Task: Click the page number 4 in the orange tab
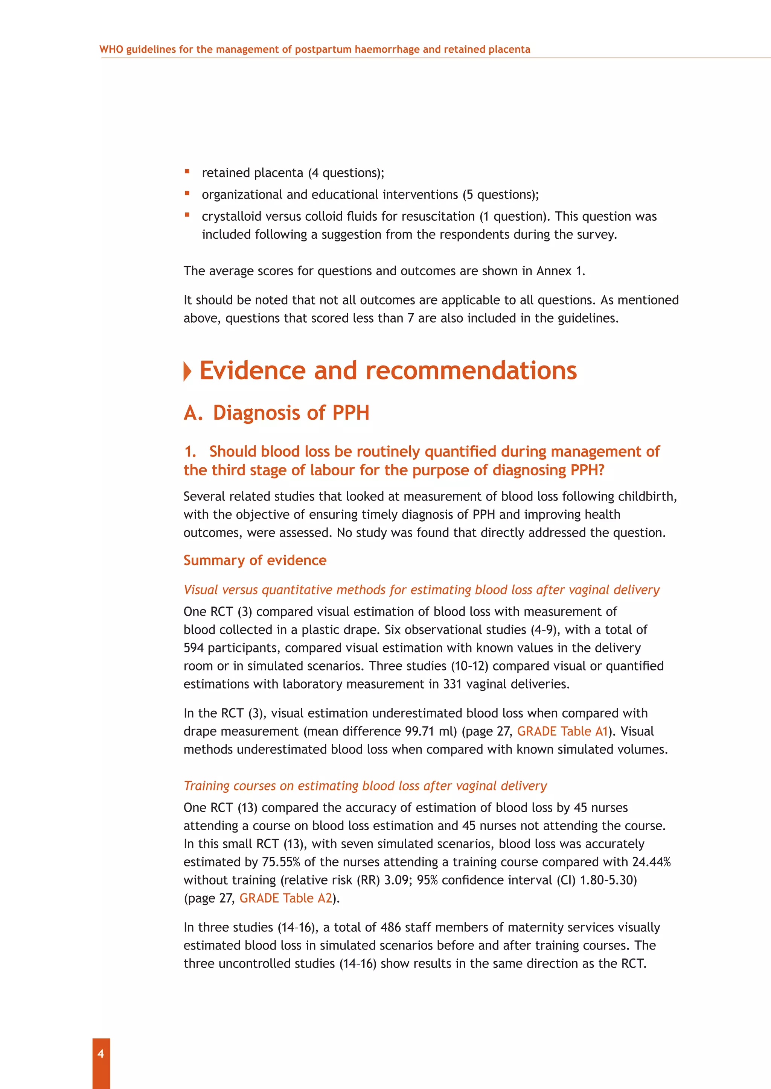[x=101, y=1053]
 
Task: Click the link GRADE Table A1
[x=562, y=731]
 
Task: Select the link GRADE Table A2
[x=285, y=898]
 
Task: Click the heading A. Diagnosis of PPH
[x=276, y=413]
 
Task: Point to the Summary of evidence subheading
[x=255, y=560]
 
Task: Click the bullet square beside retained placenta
[x=187, y=171]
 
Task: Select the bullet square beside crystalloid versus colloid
[x=187, y=215]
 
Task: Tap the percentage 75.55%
[x=280, y=862]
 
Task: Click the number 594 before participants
[x=194, y=648]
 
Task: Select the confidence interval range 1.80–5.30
[x=608, y=880]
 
